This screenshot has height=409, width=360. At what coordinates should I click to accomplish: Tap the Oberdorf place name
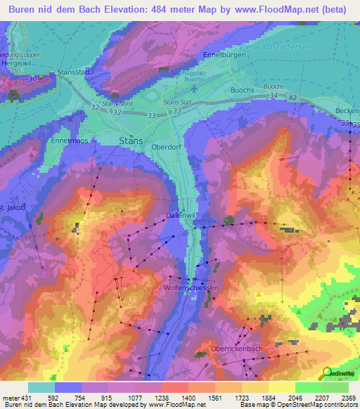[x=167, y=148]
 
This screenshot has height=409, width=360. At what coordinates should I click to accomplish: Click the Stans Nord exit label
[x=117, y=103]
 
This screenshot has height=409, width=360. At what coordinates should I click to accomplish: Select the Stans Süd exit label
[x=176, y=103]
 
